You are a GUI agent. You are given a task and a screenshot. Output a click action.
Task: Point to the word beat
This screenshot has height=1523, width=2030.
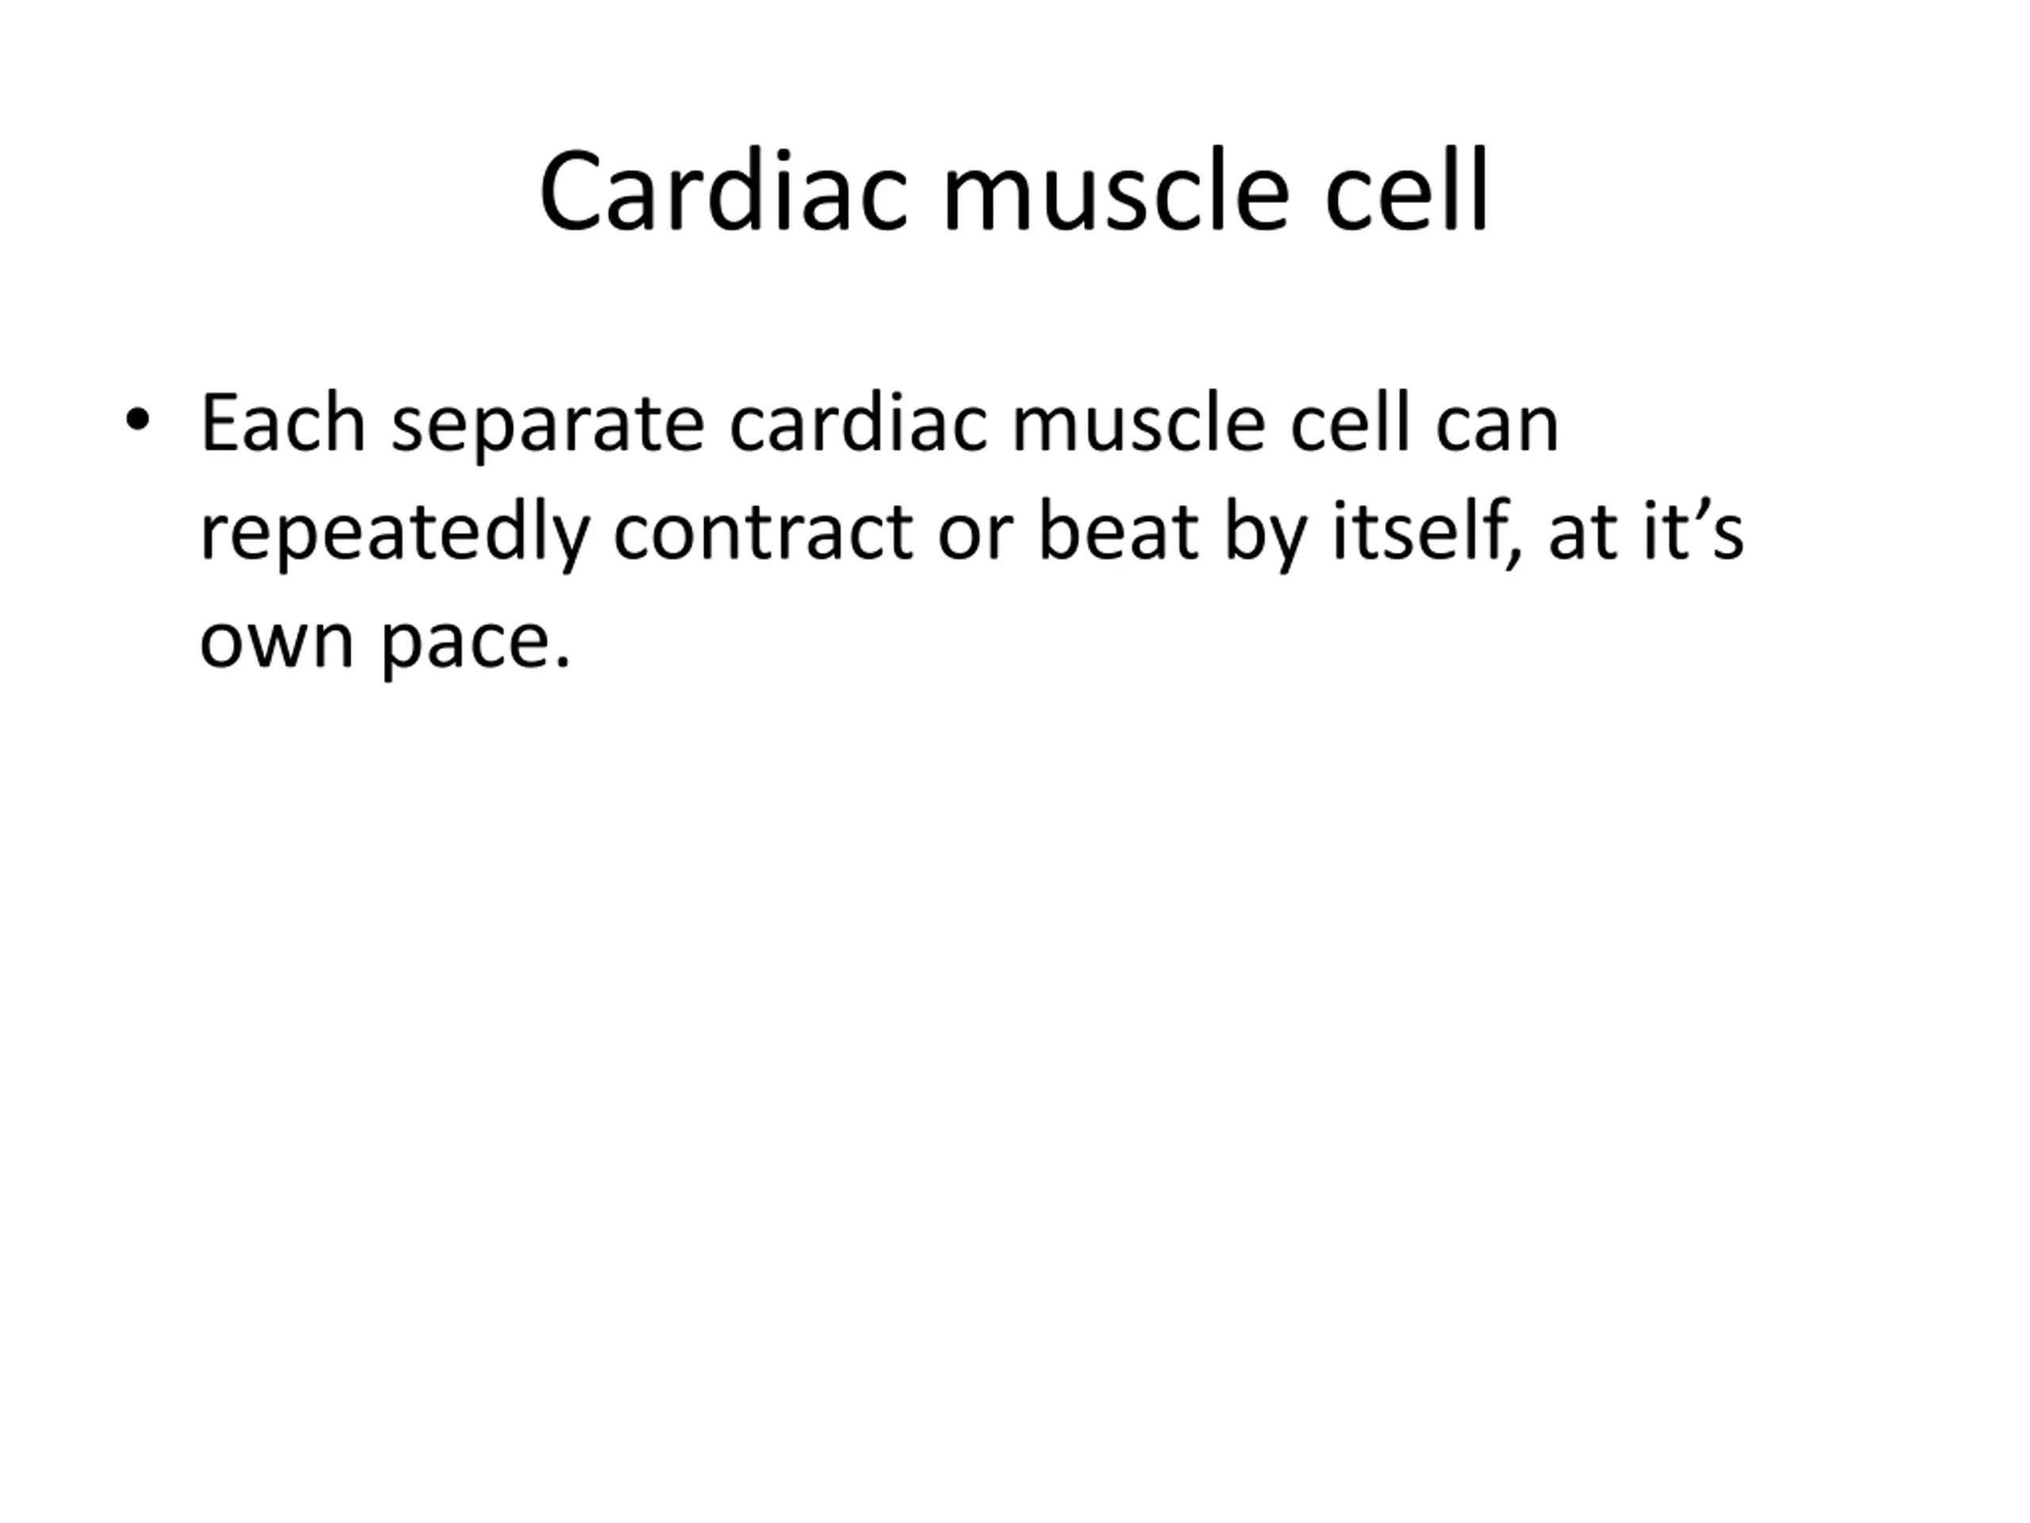[x=1118, y=531]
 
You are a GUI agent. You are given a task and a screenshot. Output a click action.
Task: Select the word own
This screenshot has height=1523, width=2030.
[x=276, y=643]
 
